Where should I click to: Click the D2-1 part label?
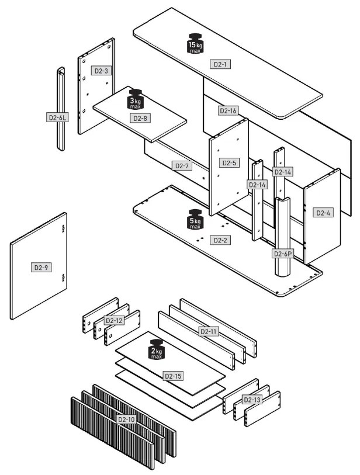(221, 64)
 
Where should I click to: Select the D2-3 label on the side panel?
(101, 71)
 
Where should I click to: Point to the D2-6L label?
(57, 117)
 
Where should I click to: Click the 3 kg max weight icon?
(135, 100)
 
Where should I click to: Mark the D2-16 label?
(227, 110)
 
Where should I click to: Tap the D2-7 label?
(183, 166)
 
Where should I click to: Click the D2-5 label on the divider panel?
(229, 162)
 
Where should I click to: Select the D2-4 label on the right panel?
(323, 213)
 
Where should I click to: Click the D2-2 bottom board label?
(220, 240)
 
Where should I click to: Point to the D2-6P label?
(282, 254)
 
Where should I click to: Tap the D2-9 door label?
(40, 268)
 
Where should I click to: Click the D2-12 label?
(114, 320)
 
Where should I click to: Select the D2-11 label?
(209, 332)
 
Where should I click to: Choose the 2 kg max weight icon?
(157, 349)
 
